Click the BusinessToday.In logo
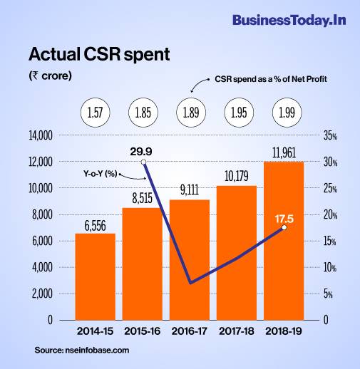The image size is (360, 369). click(x=289, y=20)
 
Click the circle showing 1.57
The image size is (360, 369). click(x=95, y=113)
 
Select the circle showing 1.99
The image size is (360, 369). click(x=284, y=113)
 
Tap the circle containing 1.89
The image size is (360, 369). click(x=189, y=113)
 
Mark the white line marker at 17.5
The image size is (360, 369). click(x=284, y=227)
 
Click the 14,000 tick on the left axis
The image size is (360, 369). click(x=41, y=135)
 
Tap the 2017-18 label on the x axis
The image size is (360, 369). click(x=236, y=333)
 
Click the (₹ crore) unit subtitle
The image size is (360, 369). click(x=50, y=76)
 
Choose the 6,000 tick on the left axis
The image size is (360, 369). click(x=43, y=241)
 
